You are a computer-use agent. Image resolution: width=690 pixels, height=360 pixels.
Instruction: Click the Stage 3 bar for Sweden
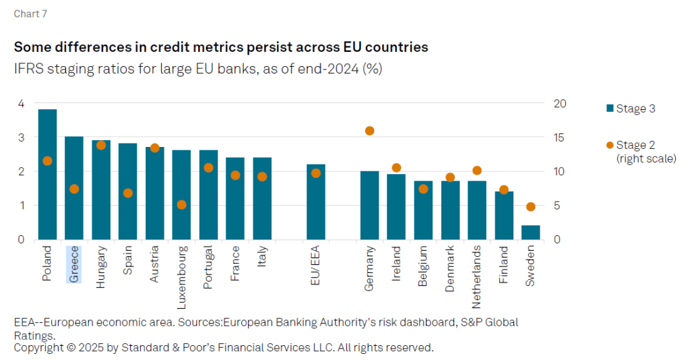click(530, 232)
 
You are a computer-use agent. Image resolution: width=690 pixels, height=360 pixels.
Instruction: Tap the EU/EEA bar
click(316, 202)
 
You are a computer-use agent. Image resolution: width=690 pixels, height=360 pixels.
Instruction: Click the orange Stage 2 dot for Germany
click(369, 131)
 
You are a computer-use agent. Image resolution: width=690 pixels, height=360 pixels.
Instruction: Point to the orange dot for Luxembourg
click(181, 204)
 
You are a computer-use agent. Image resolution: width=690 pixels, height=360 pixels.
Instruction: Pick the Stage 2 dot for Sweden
click(530, 207)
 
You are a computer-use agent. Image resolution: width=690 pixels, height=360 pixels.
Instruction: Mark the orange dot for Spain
click(128, 193)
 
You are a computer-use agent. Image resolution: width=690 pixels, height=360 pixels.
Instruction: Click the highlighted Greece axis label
click(74, 264)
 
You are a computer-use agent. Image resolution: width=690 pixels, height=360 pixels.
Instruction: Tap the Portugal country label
click(208, 267)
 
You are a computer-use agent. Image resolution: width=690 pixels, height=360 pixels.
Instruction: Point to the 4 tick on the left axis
click(21, 103)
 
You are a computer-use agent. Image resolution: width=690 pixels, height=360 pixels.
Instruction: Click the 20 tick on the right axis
click(560, 103)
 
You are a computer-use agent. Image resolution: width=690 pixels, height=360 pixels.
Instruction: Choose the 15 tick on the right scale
click(560, 138)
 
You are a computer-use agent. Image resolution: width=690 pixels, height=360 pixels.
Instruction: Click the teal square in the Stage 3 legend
click(610, 109)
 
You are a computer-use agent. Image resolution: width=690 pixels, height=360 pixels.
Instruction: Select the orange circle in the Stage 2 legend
click(610, 145)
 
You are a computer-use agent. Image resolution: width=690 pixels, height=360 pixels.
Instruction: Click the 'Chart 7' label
click(31, 13)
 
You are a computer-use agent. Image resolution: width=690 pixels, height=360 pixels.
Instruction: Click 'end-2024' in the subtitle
click(330, 69)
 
